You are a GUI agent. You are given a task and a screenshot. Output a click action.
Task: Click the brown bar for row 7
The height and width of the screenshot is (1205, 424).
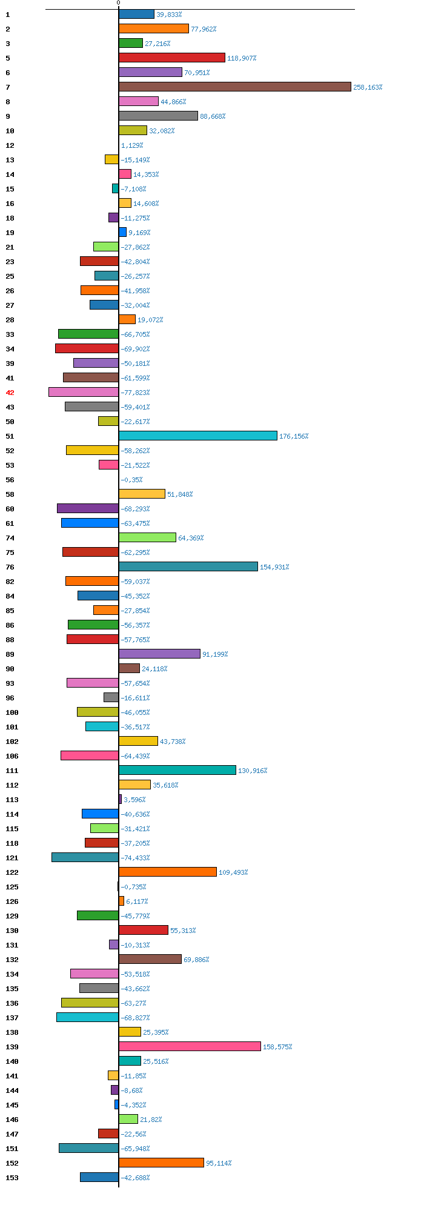234,87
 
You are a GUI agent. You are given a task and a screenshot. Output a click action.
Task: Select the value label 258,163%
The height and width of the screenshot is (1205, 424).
368,87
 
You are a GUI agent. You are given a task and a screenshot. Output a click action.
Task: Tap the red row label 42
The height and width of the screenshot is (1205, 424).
10,393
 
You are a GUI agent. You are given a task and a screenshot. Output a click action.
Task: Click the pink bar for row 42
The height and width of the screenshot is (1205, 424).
84,392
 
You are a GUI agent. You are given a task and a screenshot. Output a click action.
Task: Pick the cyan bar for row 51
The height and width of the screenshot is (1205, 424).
197,436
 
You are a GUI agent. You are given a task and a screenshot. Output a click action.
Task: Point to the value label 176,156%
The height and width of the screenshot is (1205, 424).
294,436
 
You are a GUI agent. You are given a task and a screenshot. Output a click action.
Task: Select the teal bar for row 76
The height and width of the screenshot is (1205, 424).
188,566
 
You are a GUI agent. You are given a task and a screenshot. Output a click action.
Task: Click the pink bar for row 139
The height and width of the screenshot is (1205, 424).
190,1046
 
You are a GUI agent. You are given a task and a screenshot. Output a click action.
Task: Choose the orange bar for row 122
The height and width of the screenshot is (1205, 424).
167,872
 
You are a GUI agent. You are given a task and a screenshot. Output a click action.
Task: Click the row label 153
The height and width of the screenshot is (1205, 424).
12,1178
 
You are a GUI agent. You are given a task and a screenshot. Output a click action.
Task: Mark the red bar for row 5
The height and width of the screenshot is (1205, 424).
171,58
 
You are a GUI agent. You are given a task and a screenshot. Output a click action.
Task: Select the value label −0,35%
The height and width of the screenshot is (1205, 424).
131,480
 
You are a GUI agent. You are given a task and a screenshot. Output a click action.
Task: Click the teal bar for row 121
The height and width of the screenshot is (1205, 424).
85,857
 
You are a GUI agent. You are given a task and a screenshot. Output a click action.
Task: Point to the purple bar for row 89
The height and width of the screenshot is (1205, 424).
159,654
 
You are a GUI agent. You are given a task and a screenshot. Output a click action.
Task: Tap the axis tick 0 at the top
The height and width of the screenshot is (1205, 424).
118,3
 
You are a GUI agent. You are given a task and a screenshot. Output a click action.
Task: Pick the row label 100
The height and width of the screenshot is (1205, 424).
12,712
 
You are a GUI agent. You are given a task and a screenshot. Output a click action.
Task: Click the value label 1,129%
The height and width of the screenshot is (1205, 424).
132,145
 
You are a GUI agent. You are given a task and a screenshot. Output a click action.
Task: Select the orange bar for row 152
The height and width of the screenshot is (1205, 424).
161,1163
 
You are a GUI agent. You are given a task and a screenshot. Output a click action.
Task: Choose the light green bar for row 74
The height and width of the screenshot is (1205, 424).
147,537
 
